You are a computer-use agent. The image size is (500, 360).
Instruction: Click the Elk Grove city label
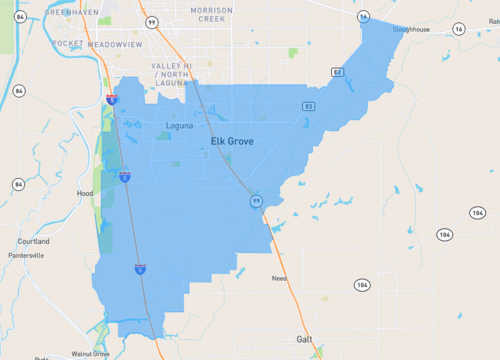(x=232, y=141)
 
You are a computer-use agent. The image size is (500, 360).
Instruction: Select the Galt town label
(x=305, y=339)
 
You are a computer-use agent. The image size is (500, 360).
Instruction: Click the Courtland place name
(x=33, y=241)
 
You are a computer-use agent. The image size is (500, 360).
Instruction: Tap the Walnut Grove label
(x=89, y=353)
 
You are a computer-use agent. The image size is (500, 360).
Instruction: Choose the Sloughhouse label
(x=411, y=30)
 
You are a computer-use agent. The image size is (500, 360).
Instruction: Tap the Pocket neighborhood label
(x=68, y=45)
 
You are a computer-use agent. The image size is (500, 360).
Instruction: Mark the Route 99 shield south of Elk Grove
(x=256, y=202)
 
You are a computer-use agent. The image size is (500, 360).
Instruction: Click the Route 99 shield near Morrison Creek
(x=151, y=21)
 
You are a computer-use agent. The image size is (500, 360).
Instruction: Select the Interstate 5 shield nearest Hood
(x=125, y=177)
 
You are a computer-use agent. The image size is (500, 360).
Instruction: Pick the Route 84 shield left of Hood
(x=19, y=184)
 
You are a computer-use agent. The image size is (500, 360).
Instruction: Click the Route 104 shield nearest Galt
(x=361, y=285)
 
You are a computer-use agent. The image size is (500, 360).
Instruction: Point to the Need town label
(x=279, y=278)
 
